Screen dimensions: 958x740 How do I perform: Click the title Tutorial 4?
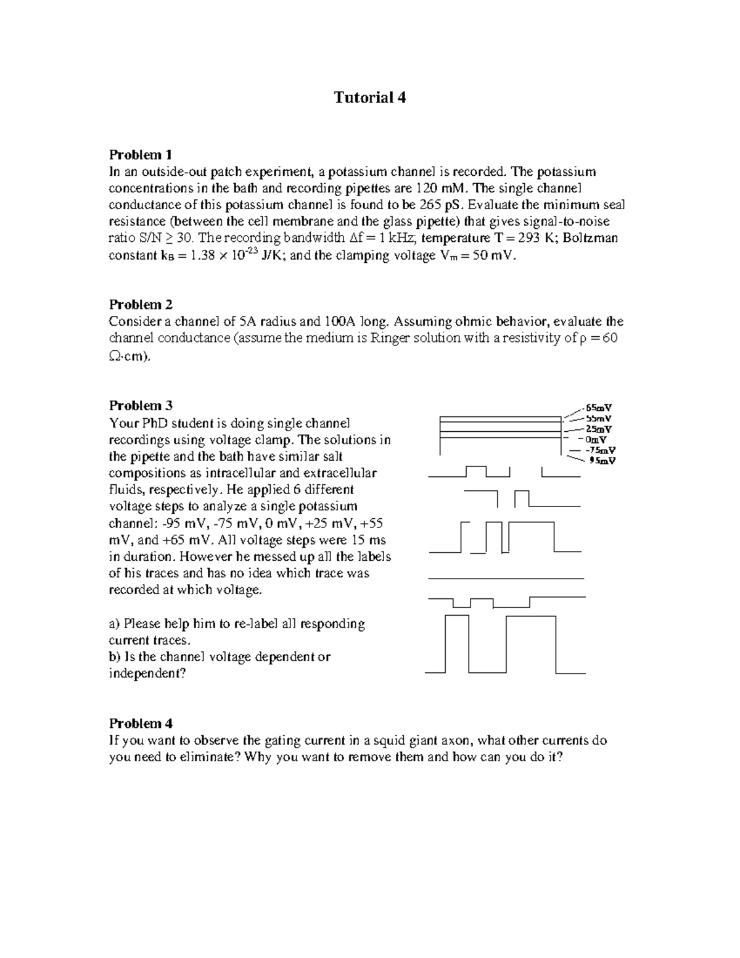370,97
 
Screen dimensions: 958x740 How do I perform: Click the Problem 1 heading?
141,154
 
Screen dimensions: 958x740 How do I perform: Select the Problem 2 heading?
141,304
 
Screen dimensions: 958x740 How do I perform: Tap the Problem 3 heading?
141,405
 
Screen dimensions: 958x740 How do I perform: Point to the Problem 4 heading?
141,723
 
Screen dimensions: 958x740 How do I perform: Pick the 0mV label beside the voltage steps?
596,440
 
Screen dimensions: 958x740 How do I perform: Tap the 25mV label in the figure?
599,429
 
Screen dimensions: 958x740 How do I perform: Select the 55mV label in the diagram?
599,418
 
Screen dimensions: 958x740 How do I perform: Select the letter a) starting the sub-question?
115,624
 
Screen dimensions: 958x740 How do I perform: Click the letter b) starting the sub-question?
115,657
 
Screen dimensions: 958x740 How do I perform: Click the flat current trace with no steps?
506,579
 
